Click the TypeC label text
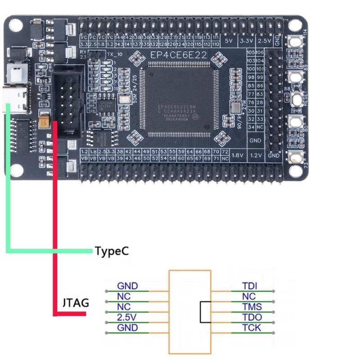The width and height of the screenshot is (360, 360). (x=112, y=251)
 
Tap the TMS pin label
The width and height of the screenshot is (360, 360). (x=252, y=307)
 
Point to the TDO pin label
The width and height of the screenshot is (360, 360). (x=252, y=317)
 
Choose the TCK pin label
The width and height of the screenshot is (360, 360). (x=252, y=328)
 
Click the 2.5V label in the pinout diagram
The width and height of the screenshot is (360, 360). (x=126, y=317)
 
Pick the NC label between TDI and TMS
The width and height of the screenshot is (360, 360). (x=248, y=297)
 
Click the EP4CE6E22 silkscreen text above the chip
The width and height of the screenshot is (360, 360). (x=179, y=55)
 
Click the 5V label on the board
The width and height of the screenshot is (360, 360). (x=228, y=41)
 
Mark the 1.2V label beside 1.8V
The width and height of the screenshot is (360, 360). (x=256, y=155)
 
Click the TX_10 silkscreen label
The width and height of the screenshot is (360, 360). (x=115, y=54)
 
